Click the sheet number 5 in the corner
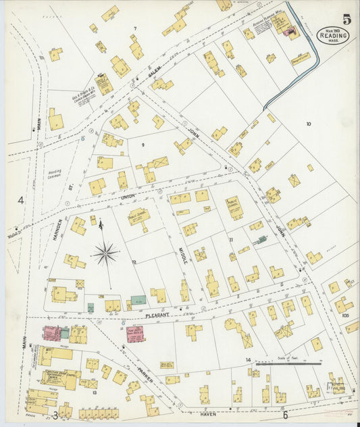[x=346, y=19]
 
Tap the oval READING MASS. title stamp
[x=334, y=34]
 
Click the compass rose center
[x=105, y=254]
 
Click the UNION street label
[x=128, y=197]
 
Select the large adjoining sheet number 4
[x=21, y=200]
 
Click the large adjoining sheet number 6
[x=285, y=415]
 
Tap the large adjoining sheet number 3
[x=55, y=415]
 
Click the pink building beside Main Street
[x=51, y=332]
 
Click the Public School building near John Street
[x=234, y=207]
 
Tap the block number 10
[x=309, y=124]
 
